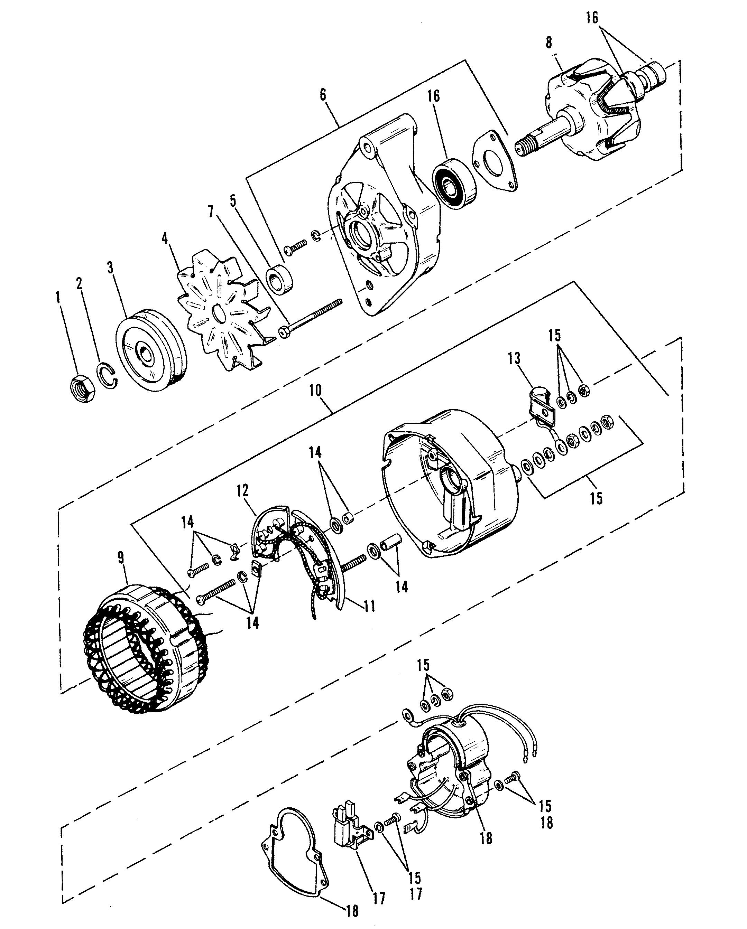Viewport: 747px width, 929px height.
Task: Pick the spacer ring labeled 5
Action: tap(279, 281)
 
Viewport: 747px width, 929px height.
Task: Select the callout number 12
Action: tap(242, 491)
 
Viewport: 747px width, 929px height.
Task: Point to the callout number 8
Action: tap(548, 44)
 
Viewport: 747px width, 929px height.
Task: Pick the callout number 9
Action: tap(121, 558)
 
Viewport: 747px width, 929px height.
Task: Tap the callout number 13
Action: tap(514, 358)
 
